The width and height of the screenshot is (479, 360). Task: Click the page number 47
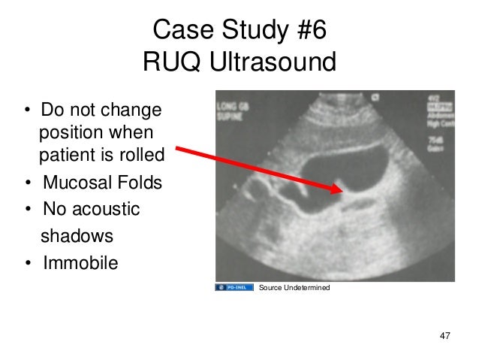pyautogui.click(x=444, y=334)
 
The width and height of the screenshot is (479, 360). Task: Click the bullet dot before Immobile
pyautogui.click(x=27, y=264)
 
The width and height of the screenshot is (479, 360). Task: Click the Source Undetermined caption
pyautogui.click(x=294, y=288)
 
